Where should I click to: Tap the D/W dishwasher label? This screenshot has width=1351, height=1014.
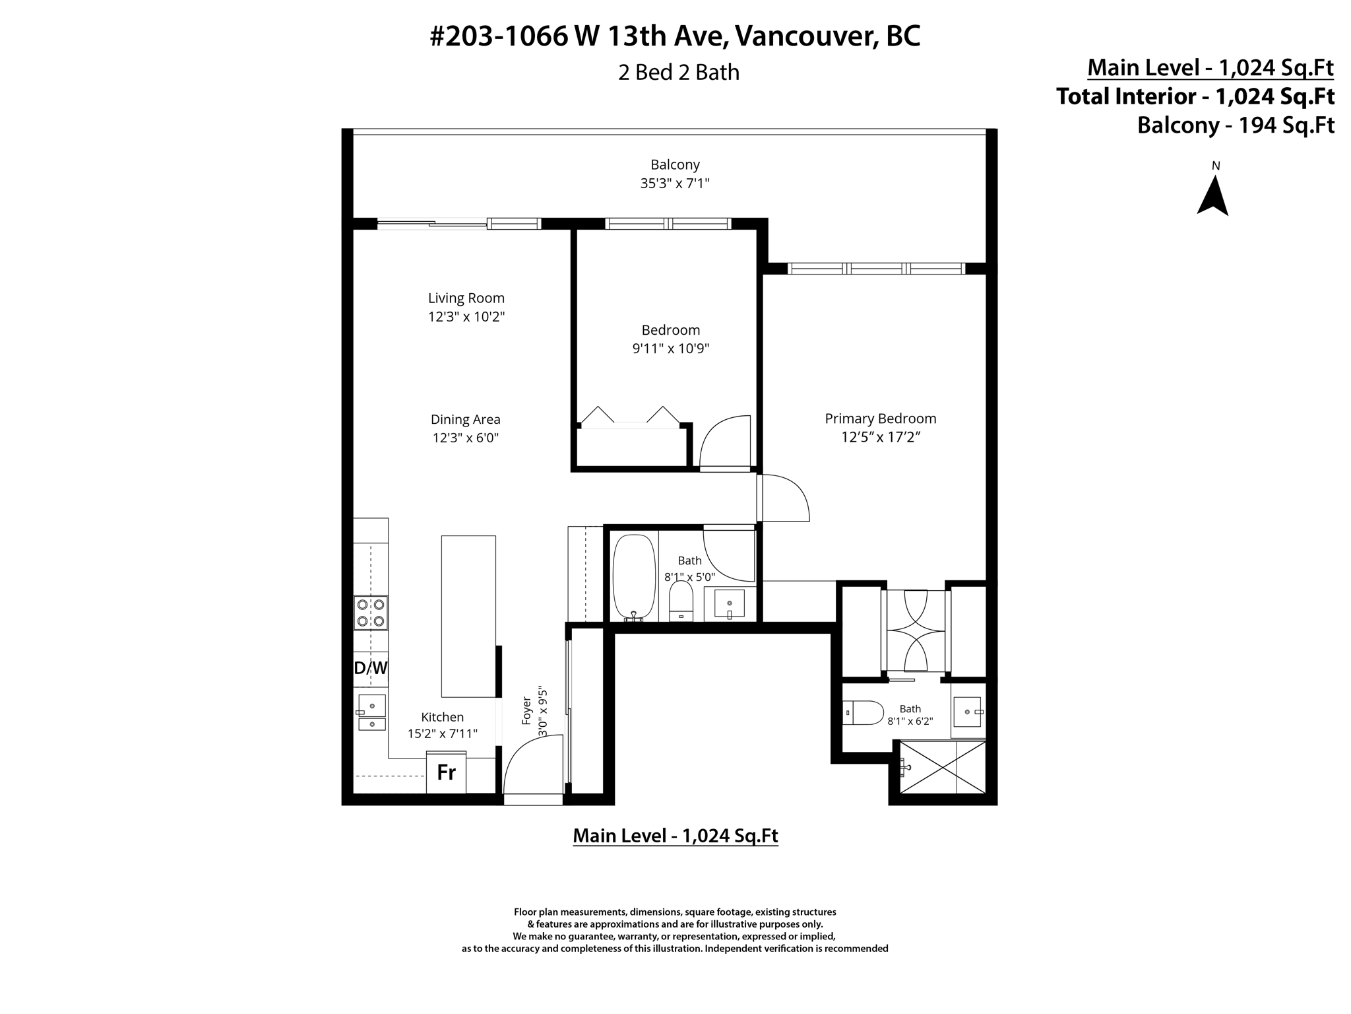click(x=371, y=668)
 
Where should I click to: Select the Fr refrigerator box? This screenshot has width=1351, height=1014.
click(x=447, y=772)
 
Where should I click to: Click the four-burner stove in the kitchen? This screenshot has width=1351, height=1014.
click(x=371, y=612)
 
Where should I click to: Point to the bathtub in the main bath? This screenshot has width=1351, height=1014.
click(x=633, y=577)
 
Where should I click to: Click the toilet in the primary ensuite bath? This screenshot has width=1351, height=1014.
click(x=865, y=713)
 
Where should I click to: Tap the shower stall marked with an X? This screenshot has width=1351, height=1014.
click(x=943, y=767)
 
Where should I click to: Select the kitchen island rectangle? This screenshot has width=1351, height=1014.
click(x=468, y=616)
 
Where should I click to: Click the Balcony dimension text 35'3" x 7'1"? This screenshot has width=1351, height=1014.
click(x=675, y=184)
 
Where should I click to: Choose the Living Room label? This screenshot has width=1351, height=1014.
click(x=466, y=298)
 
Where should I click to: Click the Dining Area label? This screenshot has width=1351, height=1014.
click(x=466, y=420)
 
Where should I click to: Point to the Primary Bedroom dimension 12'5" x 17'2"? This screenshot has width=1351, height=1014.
click(x=881, y=437)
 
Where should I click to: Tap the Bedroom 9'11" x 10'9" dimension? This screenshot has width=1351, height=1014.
click(x=671, y=349)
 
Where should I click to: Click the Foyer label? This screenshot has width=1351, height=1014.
click(x=526, y=710)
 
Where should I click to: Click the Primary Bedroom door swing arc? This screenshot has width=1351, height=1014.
click(x=785, y=498)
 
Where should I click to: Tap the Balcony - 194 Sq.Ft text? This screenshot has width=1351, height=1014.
click(x=1236, y=125)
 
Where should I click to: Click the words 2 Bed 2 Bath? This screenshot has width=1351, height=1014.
click(x=678, y=72)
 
